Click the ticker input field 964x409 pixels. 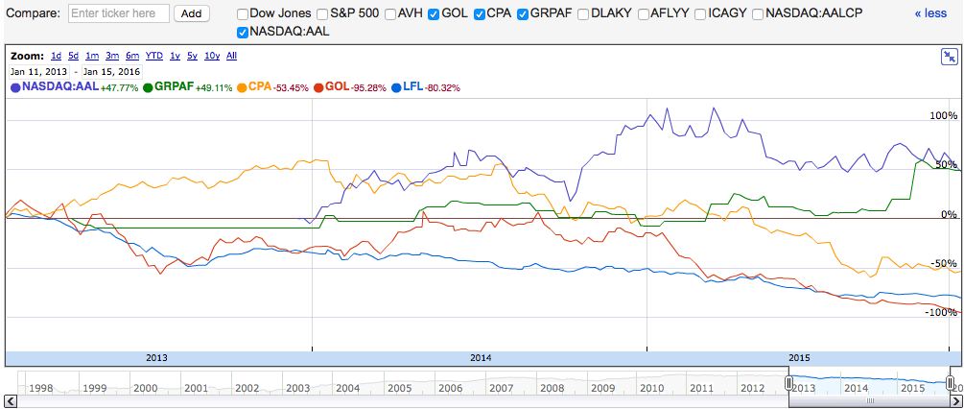click(119, 13)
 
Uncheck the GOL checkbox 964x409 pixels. click(435, 14)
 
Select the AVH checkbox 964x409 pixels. click(390, 14)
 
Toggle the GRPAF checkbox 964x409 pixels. click(524, 14)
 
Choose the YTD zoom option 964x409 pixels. click(153, 56)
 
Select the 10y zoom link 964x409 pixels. click(212, 56)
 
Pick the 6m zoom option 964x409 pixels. click(132, 56)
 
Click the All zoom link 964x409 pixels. click(231, 56)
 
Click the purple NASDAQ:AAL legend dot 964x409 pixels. click(16, 87)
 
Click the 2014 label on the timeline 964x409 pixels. click(481, 357)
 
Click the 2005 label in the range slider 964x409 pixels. click(399, 388)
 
